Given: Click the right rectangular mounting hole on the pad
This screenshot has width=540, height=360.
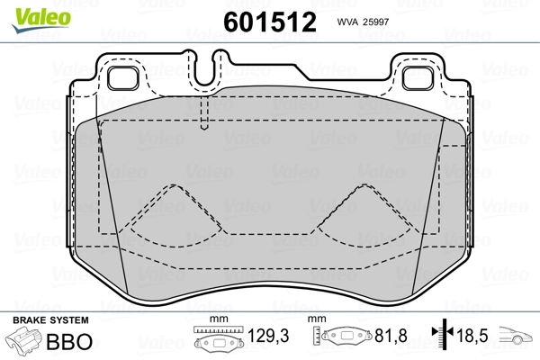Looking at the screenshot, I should (417, 77).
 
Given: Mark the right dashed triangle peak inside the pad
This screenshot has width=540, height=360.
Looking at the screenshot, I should (362, 187).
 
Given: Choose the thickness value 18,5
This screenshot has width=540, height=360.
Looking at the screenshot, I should (473, 337).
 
